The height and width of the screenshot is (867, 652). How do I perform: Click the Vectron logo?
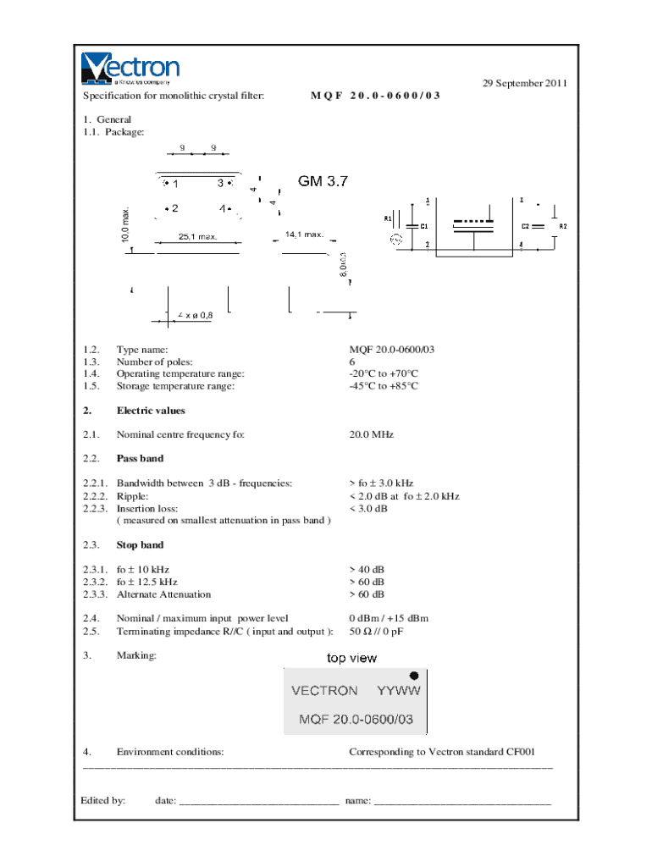pyautogui.click(x=130, y=69)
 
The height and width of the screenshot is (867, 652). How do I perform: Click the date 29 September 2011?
pyautogui.click(x=524, y=83)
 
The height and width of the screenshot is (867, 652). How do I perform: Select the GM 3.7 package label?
pyautogui.click(x=323, y=181)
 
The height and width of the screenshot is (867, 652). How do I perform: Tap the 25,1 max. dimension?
pyautogui.click(x=197, y=237)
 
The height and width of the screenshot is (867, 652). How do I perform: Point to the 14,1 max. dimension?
pyautogui.click(x=304, y=234)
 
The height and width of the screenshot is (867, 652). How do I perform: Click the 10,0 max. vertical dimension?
pyautogui.click(x=126, y=224)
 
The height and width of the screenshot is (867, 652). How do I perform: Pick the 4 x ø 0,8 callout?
pyautogui.click(x=196, y=315)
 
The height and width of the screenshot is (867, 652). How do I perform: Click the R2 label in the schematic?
pyautogui.click(x=563, y=226)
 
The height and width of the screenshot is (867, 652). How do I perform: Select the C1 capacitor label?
pyautogui.click(x=423, y=226)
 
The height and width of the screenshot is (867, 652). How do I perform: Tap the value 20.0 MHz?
pyautogui.click(x=371, y=434)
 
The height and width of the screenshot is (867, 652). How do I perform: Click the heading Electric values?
pyautogui.click(x=150, y=411)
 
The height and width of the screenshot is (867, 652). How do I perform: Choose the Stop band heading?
pyautogui.click(x=140, y=544)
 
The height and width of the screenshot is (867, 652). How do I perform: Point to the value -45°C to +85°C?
pyautogui.click(x=384, y=386)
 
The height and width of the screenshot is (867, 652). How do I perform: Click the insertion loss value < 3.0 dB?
pyautogui.click(x=368, y=508)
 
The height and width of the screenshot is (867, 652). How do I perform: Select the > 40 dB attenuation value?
pyautogui.click(x=367, y=570)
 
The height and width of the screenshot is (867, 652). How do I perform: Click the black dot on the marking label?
pyautogui.click(x=414, y=676)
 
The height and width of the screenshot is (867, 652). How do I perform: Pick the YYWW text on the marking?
pyautogui.click(x=398, y=690)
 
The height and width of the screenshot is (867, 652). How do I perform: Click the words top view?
pyautogui.click(x=352, y=658)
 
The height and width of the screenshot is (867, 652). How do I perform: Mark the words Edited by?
pyautogui.click(x=103, y=799)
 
